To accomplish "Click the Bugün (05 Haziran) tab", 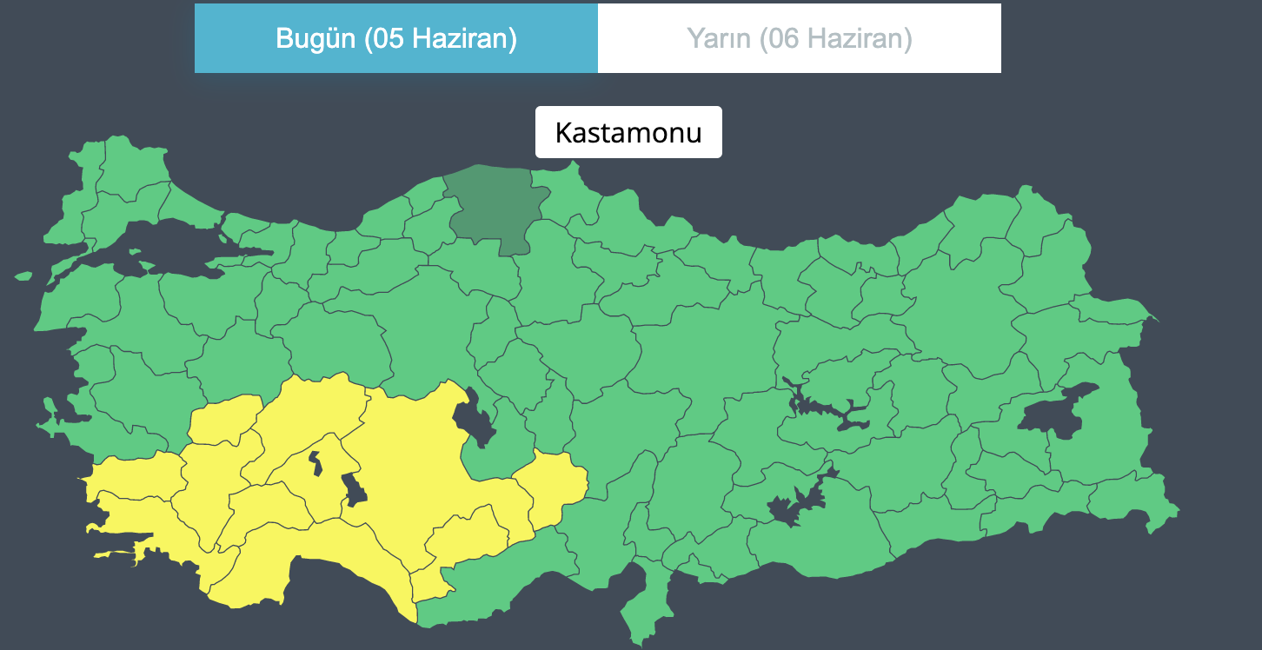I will [396, 38].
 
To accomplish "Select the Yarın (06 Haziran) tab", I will [800, 38].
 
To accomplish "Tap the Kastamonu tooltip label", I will [628, 132].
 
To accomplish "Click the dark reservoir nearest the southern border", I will [795, 505].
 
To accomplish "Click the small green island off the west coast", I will [23, 276].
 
